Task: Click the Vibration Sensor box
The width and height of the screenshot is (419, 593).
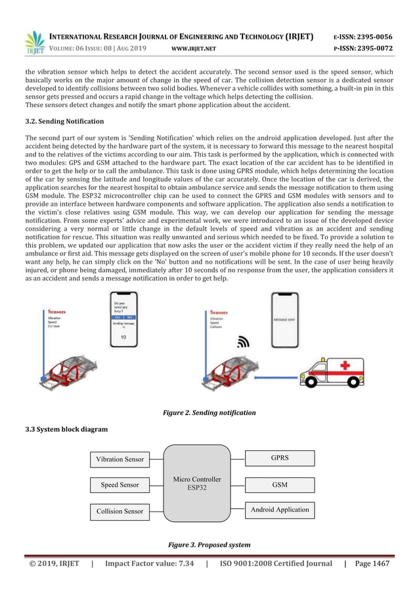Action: tap(120, 459)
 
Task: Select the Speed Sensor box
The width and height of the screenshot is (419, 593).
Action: tap(120, 485)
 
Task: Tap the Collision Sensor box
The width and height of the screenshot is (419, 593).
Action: tap(120, 510)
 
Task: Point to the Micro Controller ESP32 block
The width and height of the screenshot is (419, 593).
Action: tap(197, 483)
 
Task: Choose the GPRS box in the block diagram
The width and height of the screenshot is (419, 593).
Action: tap(280, 458)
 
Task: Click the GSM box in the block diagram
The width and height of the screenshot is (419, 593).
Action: tap(280, 485)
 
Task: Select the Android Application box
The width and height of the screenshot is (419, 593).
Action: tap(280, 509)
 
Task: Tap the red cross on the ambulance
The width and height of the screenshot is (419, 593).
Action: tap(342, 366)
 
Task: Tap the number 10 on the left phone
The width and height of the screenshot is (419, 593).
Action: tap(123, 337)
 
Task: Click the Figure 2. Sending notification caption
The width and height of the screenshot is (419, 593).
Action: tap(209, 413)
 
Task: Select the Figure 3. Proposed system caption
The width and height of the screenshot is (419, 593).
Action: tap(209, 545)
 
